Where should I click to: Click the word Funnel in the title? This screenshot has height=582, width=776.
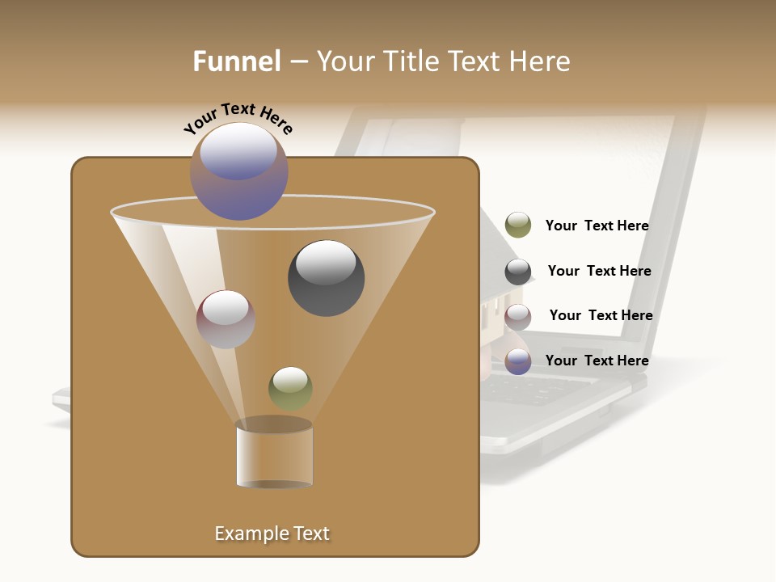[237, 61]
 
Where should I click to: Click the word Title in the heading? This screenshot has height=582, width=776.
[411, 61]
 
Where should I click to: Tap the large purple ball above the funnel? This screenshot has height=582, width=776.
[239, 171]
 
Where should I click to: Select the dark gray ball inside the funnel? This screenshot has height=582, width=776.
[326, 278]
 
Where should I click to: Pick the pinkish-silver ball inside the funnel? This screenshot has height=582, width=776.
[226, 319]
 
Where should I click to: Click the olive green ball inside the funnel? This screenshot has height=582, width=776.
[290, 388]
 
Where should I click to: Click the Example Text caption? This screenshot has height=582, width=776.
[272, 533]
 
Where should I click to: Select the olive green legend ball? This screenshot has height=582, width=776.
[518, 226]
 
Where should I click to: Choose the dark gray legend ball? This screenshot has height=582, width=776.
[518, 272]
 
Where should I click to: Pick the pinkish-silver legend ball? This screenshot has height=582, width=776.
[518, 316]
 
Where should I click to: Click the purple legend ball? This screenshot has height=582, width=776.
[518, 361]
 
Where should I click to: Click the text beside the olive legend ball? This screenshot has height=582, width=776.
[597, 226]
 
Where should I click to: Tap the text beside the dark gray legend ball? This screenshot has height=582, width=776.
[599, 271]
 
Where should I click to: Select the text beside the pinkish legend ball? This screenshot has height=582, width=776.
[601, 315]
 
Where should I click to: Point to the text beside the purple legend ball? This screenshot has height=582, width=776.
[597, 361]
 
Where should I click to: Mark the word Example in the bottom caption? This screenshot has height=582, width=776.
[247, 533]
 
